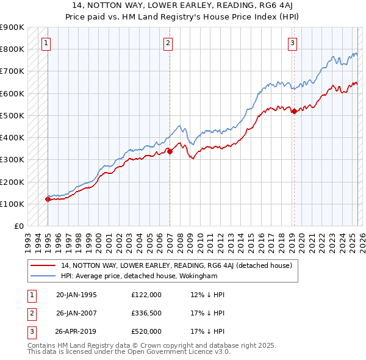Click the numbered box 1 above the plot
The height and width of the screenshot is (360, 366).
(x=47, y=43)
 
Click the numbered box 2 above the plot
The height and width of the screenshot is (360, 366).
(x=168, y=43)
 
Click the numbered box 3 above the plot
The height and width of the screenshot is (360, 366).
(x=293, y=43)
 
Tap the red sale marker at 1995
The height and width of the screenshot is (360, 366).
(x=48, y=199)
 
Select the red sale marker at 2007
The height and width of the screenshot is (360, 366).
(x=170, y=152)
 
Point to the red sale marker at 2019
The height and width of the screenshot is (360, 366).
(x=293, y=111)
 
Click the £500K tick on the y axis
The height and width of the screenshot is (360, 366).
(x=12, y=115)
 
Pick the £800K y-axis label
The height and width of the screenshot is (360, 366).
(x=12, y=49)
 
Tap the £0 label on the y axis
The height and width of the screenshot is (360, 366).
(x=18, y=226)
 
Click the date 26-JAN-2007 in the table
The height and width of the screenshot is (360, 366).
(x=76, y=313)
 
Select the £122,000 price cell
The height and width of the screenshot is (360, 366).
(x=146, y=295)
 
